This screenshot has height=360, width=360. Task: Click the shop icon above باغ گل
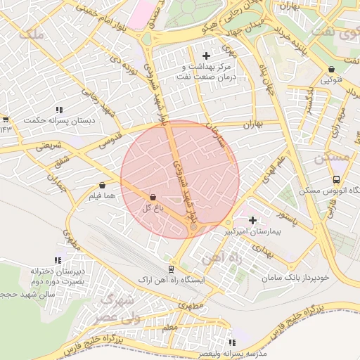153,198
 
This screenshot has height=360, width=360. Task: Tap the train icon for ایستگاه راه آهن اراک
171,269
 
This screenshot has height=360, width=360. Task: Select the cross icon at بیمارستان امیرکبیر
252,221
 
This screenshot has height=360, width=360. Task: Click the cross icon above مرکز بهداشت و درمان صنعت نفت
206,56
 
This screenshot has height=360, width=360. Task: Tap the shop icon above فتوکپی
331,69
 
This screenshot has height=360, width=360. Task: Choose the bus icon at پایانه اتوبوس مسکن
336,179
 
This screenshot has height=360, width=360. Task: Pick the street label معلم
169,327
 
